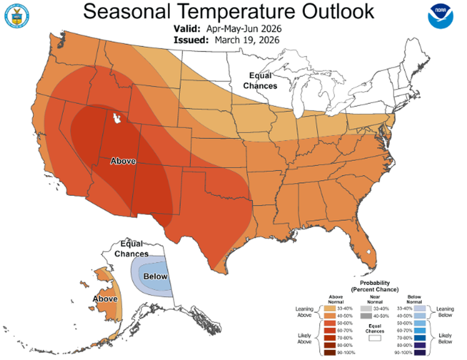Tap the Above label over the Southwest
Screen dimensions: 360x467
[x=123, y=161]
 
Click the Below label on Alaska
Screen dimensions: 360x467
[x=155, y=276]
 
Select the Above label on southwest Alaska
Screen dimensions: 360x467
[x=105, y=299]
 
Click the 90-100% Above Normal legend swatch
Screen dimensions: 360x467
[x=330, y=352]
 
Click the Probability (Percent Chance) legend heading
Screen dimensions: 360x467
[x=375, y=286]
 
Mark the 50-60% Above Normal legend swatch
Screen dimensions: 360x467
[x=330, y=323]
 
